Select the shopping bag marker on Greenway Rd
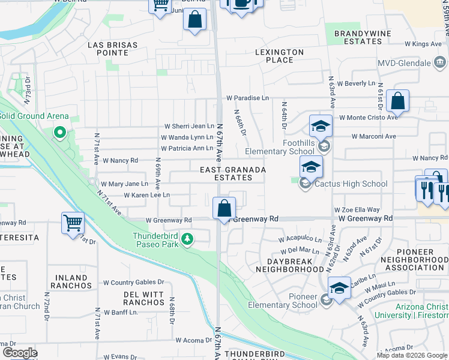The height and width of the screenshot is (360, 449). pyautogui.click(x=224, y=209)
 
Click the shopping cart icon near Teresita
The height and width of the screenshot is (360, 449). pyautogui.click(x=73, y=223)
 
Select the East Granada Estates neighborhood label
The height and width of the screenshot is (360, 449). pyautogui.click(x=233, y=174)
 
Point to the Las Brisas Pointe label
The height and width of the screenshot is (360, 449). pyautogui.click(x=112, y=49)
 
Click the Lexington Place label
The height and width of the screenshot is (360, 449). pyautogui.click(x=279, y=56)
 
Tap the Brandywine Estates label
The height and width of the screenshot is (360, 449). pyautogui.click(x=358, y=38)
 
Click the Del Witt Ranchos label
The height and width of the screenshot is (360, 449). pyautogui.click(x=143, y=298)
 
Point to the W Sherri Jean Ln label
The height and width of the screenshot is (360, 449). pyautogui.click(x=189, y=127)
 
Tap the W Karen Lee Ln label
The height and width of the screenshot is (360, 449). pyautogui.click(x=147, y=195)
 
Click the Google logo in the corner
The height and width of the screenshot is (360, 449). pyautogui.click(x=20, y=353)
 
